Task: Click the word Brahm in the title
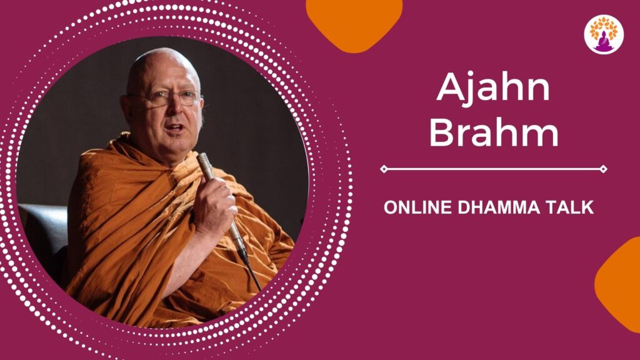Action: (494, 131)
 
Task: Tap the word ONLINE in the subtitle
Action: (417, 207)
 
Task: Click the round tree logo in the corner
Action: (604, 34)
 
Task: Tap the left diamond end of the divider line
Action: (384, 169)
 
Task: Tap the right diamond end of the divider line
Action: (603, 169)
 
